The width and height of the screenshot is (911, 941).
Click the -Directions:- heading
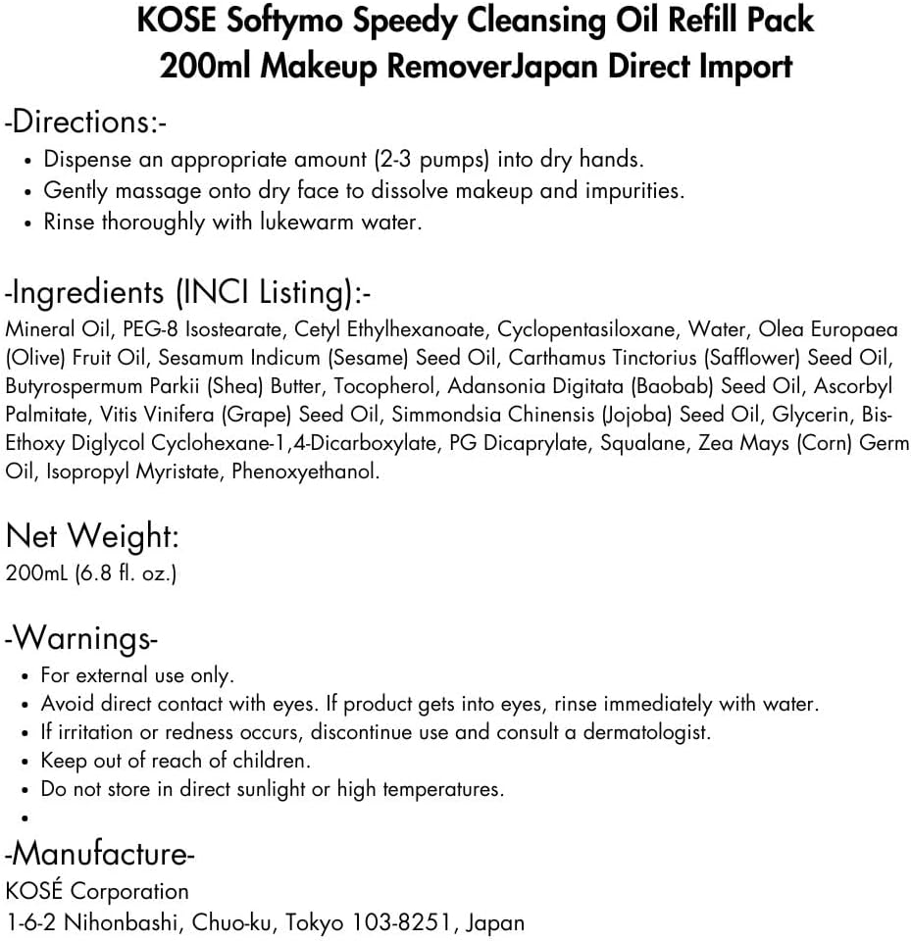86,123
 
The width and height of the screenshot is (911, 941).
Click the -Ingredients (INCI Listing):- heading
189,292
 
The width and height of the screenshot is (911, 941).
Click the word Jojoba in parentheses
639,416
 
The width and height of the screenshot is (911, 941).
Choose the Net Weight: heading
92,535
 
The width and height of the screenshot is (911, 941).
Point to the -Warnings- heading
81,638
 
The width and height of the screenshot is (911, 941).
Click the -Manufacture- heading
100,854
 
